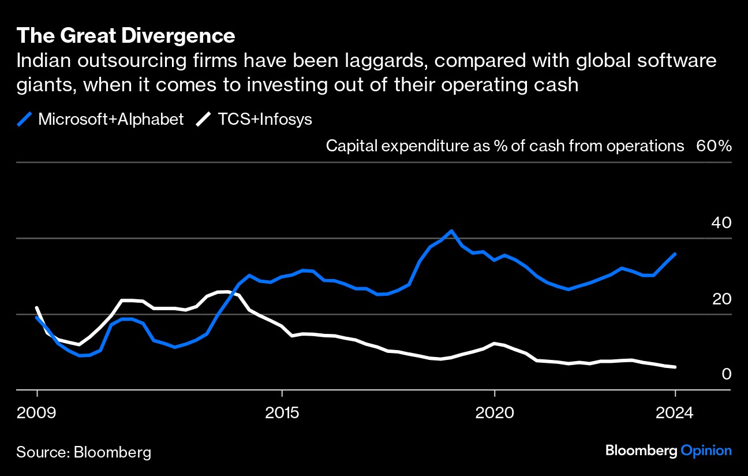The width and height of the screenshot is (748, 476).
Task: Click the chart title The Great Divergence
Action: (x=126, y=36)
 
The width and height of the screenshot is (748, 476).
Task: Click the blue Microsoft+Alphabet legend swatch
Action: (x=25, y=120)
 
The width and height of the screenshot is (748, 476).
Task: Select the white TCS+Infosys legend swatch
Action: (x=204, y=120)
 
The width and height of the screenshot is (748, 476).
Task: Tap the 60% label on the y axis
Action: (x=714, y=146)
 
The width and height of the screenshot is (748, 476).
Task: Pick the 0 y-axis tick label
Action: (x=727, y=374)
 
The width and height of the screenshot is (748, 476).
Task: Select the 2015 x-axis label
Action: (x=282, y=413)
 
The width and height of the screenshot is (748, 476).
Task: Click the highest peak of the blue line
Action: (x=451, y=231)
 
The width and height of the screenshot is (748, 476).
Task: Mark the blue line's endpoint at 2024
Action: (x=675, y=254)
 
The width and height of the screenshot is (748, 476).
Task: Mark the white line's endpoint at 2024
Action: (x=675, y=367)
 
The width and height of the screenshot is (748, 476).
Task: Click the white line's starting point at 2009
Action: (x=37, y=308)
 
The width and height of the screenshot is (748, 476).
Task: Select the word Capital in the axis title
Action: (x=350, y=146)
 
